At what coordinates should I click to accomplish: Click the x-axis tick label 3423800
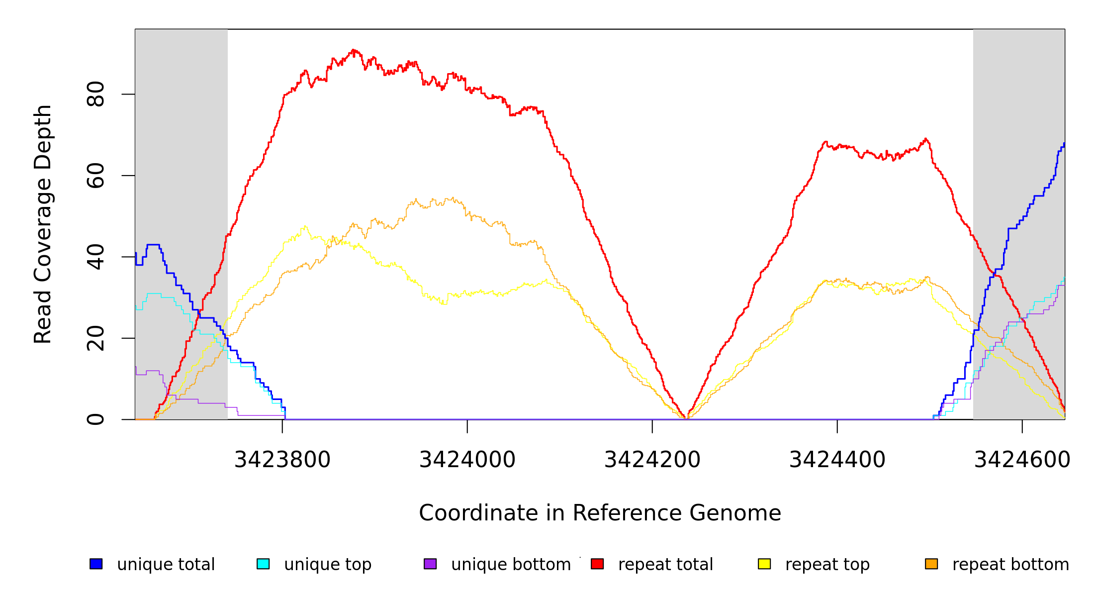[282, 460]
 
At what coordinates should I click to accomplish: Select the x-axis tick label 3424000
[467, 460]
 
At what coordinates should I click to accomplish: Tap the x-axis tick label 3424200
[652, 460]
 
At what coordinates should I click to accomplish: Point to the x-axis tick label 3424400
[837, 460]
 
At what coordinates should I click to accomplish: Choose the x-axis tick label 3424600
[1022, 460]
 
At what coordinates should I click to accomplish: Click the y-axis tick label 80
[95, 94]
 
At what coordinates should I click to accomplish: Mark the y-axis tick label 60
[95, 176]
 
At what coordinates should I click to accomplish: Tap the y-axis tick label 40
[95, 257]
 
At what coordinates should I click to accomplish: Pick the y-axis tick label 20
[95, 338]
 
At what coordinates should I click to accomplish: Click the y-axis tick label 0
[95, 419]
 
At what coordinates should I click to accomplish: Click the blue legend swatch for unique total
[96, 564]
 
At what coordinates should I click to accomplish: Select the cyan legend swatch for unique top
[263, 564]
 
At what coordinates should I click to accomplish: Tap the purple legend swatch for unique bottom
[430, 564]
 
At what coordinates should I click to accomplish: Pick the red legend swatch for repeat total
[597, 564]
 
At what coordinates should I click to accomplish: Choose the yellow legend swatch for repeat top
[764, 564]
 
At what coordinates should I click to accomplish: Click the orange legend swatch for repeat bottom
[931, 564]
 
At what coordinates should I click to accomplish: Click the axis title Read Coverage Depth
[43, 224]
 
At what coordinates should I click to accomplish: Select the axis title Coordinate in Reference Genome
[600, 513]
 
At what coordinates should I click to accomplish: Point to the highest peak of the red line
[353, 50]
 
